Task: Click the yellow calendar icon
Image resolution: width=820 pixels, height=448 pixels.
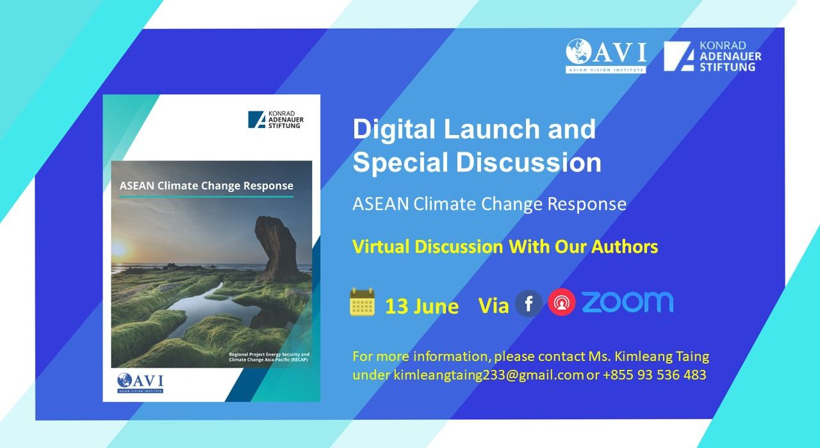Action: tap(362, 302)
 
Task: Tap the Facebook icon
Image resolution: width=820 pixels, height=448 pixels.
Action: tap(529, 303)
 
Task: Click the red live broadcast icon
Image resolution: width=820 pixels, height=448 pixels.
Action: tap(562, 302)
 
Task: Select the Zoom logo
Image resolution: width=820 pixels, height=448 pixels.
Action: tap(627, 302)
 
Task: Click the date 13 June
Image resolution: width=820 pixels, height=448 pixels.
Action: tap(422, 307)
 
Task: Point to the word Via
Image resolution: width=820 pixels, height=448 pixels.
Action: tap(493, 306)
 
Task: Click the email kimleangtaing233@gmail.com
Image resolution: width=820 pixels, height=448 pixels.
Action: tap(488, 375)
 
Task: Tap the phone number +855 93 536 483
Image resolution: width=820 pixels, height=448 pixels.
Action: tap(655, 375)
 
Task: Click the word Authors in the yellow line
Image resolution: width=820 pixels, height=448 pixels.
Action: tap(625, 247)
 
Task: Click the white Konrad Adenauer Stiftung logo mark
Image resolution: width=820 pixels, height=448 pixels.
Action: tap(679, 56)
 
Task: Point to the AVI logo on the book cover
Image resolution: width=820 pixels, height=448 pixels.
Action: tap(140, 383)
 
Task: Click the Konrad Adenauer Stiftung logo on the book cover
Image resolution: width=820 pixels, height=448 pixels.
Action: tap(275, 120)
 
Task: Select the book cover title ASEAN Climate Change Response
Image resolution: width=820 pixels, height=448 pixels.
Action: tap(206, 186)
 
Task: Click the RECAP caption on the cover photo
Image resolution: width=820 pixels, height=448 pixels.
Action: tap(269, 357)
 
